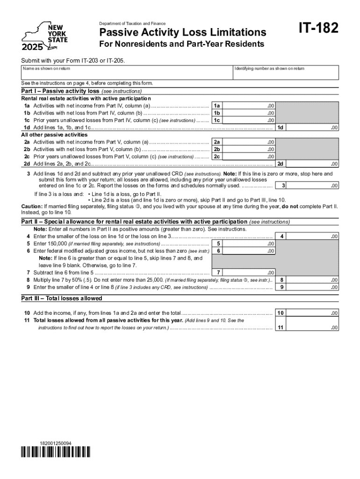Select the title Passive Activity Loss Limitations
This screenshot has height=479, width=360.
pyautogui.click(x=182, y=32)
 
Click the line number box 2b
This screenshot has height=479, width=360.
pyautogui.click(x=217, y=149)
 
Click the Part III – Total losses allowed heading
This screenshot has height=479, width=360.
pyautogui.click(x=62, y=298)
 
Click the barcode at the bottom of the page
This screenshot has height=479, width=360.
pyautogui.click(x=56, y=452)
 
